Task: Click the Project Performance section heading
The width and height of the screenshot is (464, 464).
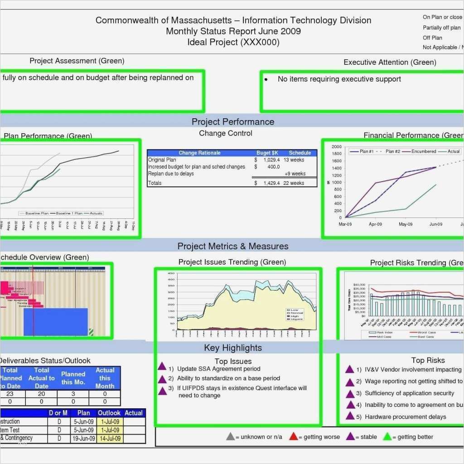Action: pyautogui.click(x=232, y=121)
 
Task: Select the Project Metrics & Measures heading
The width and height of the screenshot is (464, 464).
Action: pyautogui.click(x=232, y=246)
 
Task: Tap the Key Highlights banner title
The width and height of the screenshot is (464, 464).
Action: pyautogui.click(x=232, y=348)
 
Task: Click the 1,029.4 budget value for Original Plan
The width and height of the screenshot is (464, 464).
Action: pyautogui.click(x=270, y=160)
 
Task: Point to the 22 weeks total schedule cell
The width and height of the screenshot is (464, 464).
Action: pyautogui.click(x=294, y=183)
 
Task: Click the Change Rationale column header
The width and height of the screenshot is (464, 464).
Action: pyautogui.click(x=199, y=153)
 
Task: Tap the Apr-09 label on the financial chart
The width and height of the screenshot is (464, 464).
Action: pyautogui.click(x=376, y=224)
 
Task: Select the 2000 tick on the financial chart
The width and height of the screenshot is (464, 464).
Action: pyautogui.click(x=336, y=147)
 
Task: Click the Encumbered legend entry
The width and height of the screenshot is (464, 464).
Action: pyautogui.click(x=424, y=151)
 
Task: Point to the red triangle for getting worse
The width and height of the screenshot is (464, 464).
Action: pyautogui.click(x=294, y=437)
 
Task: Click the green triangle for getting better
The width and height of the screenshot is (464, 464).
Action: pyautogui.click(x=387, y=437)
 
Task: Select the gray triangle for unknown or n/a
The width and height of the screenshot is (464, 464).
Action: pyautogui.click(x=230, y=437)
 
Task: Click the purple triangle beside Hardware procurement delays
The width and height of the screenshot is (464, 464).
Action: pyautogui.click(x=350, y=416)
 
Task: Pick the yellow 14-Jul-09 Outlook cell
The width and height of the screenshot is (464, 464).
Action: pyautogui.click(x=110, y=439)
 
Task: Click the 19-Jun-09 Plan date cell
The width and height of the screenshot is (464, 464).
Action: pyautogui.click(x=84, y=439)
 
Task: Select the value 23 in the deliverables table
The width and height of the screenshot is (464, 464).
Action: pyautogui.click(x=10, y=394)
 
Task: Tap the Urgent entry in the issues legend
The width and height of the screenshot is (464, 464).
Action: pyautogui.click(x=297, y=319)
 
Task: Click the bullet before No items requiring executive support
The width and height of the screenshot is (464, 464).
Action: pyautogui.click(x=266, y=79)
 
